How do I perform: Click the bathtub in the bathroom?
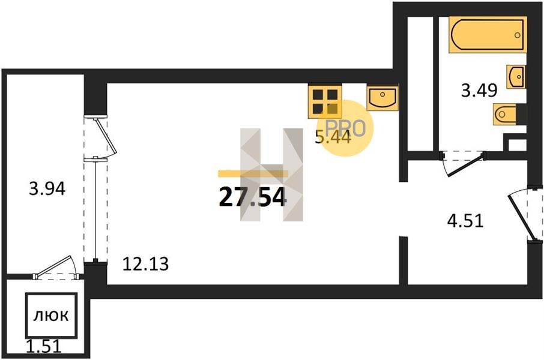[x=488, y=35]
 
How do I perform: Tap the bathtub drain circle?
[x=518, y=35]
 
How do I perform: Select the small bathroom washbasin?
[x=516, y=77]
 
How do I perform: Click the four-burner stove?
[x=325, y=101]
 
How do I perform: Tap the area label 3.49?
[x=479, y=91]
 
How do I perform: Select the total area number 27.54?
[x=253, y=197]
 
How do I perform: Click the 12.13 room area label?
[x=146, y=264]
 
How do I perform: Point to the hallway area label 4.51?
[x=465, y=221]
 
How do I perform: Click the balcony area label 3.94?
[x=47, y=190]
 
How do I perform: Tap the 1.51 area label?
[x=44, y=346]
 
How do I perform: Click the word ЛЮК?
[x=51, y=316]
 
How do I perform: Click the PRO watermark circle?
[x=345, y=128]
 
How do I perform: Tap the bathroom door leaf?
[x=465, y=166]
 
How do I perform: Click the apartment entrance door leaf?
[x=519, y=217]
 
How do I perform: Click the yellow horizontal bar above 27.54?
[x=253, y=174]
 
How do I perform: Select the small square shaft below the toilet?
[x=517, y=145]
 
